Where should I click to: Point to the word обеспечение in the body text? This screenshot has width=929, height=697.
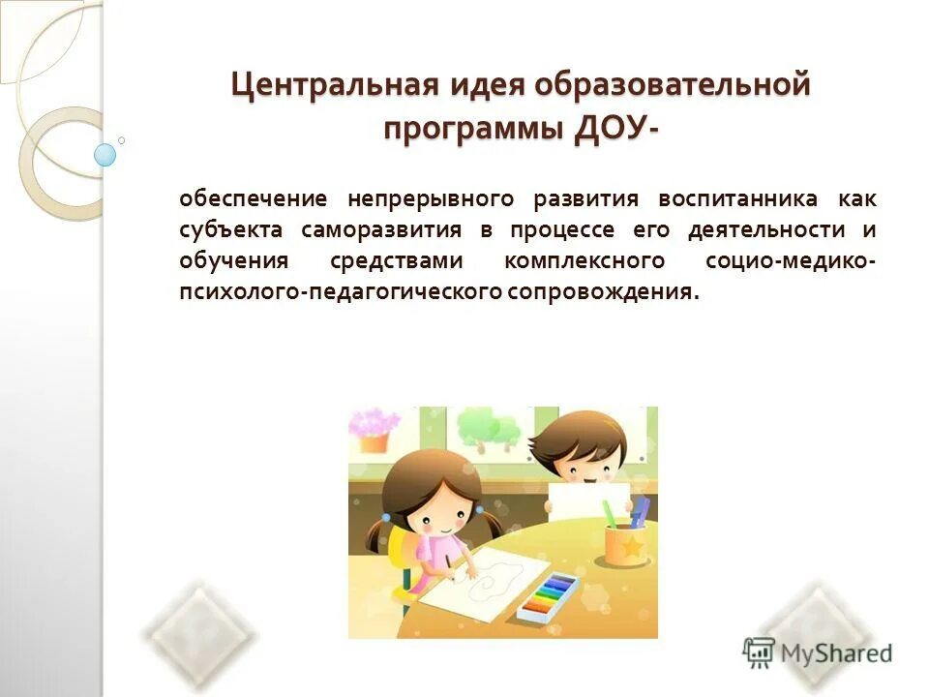(x=254, y=200)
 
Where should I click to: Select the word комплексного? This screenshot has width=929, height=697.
(x=584, y=261)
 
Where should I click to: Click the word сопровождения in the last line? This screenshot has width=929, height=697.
(x=601, y=292)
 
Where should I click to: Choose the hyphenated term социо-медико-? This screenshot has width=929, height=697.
(x=792, y=261)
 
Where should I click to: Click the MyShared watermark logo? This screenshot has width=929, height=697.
(x=818, y=652)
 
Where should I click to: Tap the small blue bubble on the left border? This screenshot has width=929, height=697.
(x=105, y=155)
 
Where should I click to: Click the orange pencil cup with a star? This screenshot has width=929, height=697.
(x=625, y=548)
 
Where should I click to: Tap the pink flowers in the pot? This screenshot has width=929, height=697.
(x=374, y=422)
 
